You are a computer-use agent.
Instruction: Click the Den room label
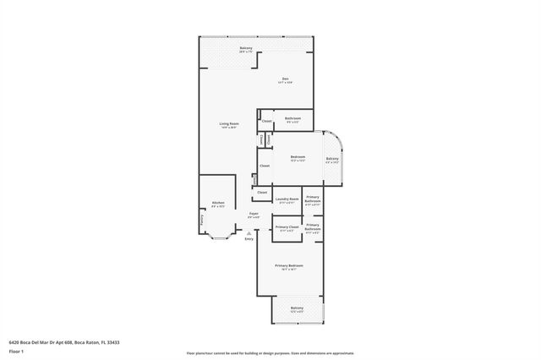pos(287,79)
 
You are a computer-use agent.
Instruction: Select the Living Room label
pos(229,124)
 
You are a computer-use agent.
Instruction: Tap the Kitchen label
pos(217,203)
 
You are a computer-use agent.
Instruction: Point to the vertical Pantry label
pos(202,220)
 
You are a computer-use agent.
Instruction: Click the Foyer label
pos(253,214)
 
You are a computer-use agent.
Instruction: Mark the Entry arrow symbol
pos(249,233)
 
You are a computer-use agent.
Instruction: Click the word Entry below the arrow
pos(249,240)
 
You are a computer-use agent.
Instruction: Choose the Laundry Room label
pos(287,200)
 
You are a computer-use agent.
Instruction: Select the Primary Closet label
pos(287,227)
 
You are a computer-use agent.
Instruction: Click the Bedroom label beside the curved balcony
pos(298,156)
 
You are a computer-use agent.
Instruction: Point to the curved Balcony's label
pos(332,159)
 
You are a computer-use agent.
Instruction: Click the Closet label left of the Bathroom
pos(266,122)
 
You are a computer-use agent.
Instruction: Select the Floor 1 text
pos(16,350)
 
